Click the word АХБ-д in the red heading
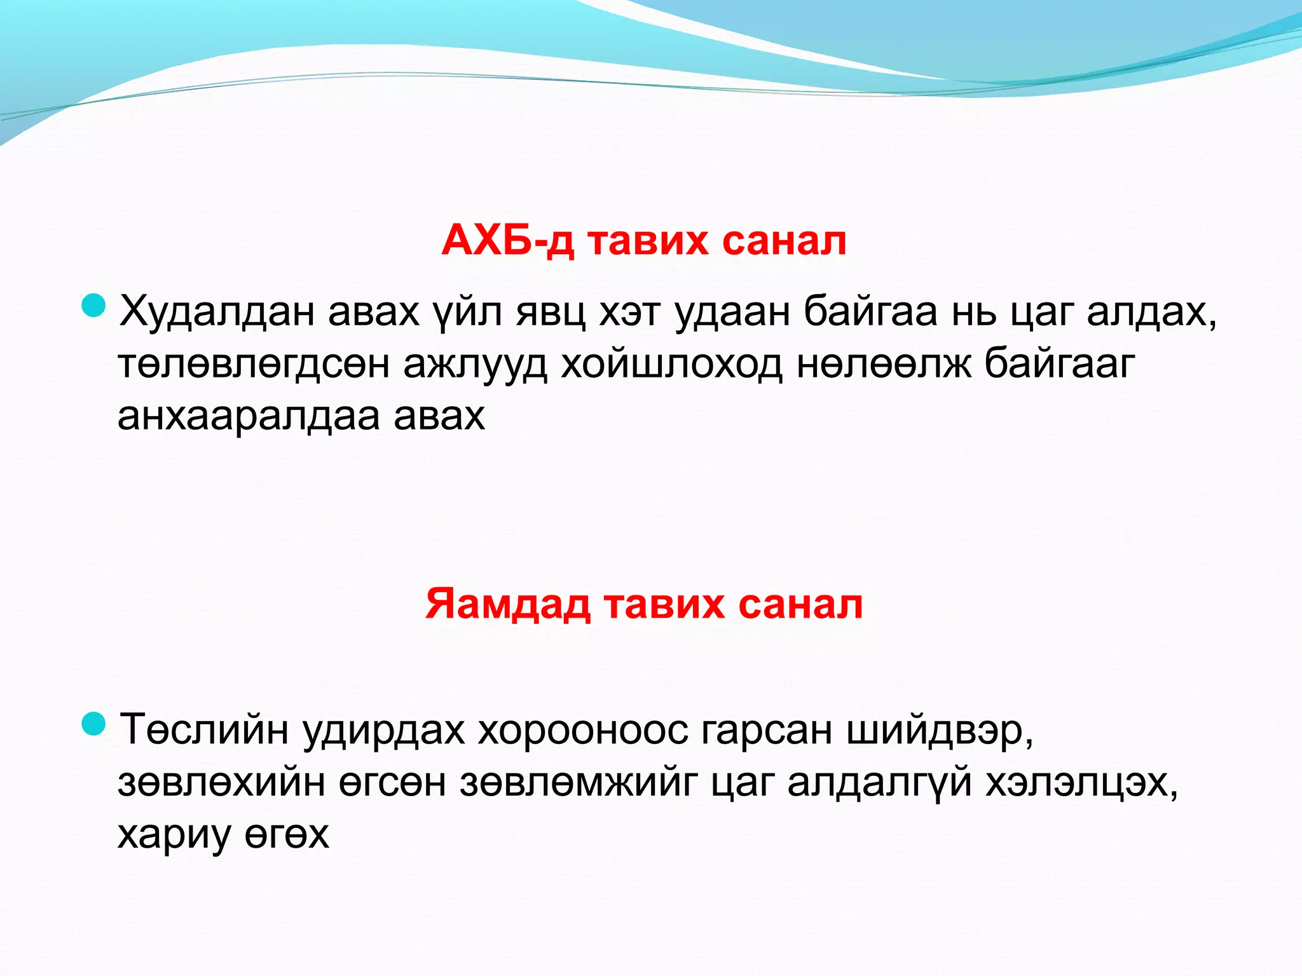pyautogui.click(x=507, y=241)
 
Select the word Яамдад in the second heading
pyautogui.click(x=507, y=604)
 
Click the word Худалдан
pyautogui.click(x=216, y=312)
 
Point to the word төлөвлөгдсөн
pyautogui.click(x=253, y=364)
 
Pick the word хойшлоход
pyautogui.click(x=671, y=364)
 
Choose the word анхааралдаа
pyautogui.click(x=248, y=416)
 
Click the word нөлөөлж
pyautogui.click(x=884, y=364)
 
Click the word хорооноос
pyautogui.click(x=583, y=729)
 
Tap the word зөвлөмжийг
pyautogui.click(x=579, y=782)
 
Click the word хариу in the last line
pyautogui.click(x=174, y=835)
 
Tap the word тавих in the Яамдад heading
pyautogui.click(x=664, y=604)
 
